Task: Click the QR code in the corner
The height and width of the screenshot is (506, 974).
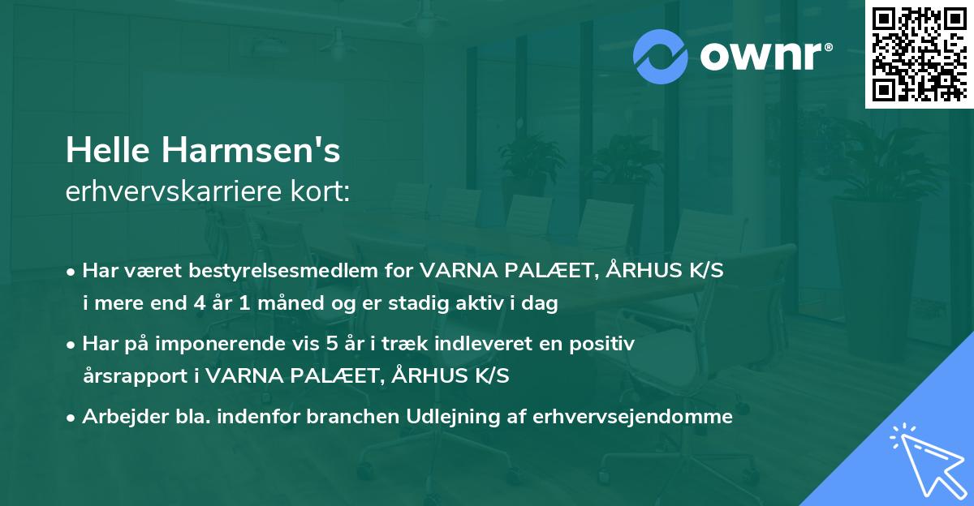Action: pos(919,54)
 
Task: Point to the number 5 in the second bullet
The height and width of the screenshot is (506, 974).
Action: pos(331,344)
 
